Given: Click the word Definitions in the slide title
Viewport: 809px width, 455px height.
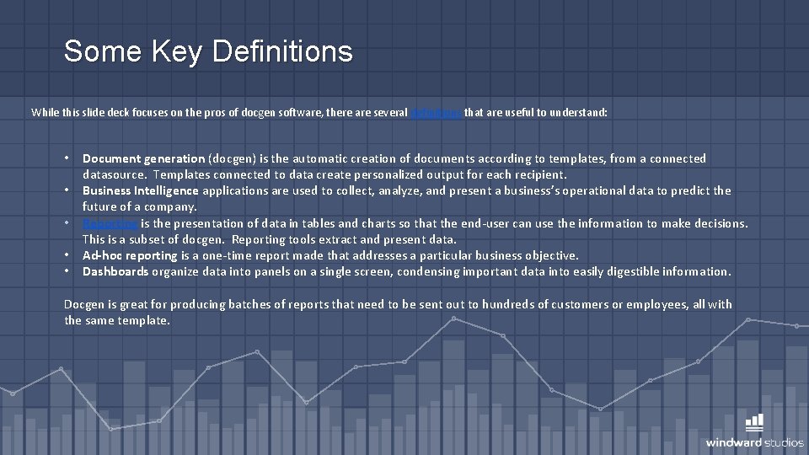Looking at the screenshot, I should click(282, 51).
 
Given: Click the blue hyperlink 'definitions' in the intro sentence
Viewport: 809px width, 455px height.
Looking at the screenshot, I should click(436, 112).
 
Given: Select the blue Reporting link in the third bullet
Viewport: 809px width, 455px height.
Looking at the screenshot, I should click(110, 223).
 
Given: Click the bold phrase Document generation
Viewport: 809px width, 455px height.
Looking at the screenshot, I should click(143, 158).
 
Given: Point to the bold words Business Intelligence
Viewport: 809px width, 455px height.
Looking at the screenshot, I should click(141, 190).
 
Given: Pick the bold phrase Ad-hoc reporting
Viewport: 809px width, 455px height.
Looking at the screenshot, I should click(130, 255).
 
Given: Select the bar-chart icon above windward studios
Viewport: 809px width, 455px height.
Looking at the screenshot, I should click(755, 422).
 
